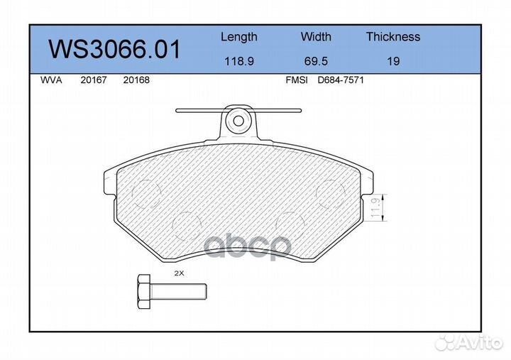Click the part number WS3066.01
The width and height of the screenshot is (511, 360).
[114, 50]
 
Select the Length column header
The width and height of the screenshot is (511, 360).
[238, 37]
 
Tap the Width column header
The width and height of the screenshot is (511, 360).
[316, 37]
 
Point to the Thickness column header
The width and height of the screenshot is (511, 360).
[392, 37]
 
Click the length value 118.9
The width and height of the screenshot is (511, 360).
[239, 61]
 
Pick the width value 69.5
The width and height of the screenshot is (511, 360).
[316, 61]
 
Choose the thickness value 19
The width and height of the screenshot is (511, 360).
[392, 61]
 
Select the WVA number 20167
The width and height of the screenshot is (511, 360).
[94, 80]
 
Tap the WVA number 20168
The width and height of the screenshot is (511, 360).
[136, 80]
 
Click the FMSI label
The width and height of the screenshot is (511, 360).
[296, 80]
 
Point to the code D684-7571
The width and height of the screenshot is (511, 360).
[340, 80]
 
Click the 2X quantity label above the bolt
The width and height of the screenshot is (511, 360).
[178, 273]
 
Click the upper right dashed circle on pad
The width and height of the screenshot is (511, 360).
[329, 192]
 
